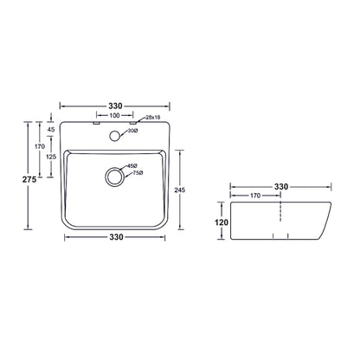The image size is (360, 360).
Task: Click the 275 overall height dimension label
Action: [x=29, y=179]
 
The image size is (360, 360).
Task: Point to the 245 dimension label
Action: [x=180, y=190]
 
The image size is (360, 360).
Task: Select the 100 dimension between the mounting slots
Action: [x=114, y=116]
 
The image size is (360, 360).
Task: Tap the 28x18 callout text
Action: [x=153, y=118]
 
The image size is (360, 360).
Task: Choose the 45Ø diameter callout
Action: [x=132, y=166]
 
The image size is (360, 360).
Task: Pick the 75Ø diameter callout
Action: [x=138, y=173]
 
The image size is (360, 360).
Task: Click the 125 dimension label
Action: [x=51, y=157]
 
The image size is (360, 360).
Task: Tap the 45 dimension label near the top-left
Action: [x=51, y=130]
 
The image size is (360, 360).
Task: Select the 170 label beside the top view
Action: [x=40, y=146]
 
